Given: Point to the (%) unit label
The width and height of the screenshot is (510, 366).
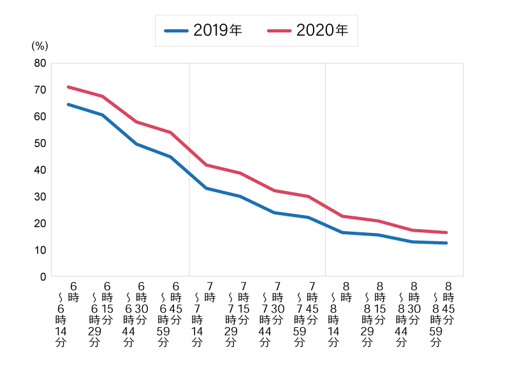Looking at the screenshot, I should coord(40,46).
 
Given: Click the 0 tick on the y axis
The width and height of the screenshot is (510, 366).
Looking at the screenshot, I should coord(43,277).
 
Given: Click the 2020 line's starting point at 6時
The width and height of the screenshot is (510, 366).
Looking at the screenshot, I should coord(68,87).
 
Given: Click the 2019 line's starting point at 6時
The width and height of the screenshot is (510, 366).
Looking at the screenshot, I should coord(68,104).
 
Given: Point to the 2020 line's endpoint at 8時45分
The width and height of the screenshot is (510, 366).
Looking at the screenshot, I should coord(446,232).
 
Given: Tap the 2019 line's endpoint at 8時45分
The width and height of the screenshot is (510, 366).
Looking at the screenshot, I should coord(446,243).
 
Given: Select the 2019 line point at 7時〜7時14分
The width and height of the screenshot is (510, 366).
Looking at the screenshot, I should coord(206,188).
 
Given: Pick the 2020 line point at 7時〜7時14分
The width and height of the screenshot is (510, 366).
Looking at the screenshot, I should coord(206,165).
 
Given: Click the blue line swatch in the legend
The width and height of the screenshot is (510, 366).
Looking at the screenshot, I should coord(176,31).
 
